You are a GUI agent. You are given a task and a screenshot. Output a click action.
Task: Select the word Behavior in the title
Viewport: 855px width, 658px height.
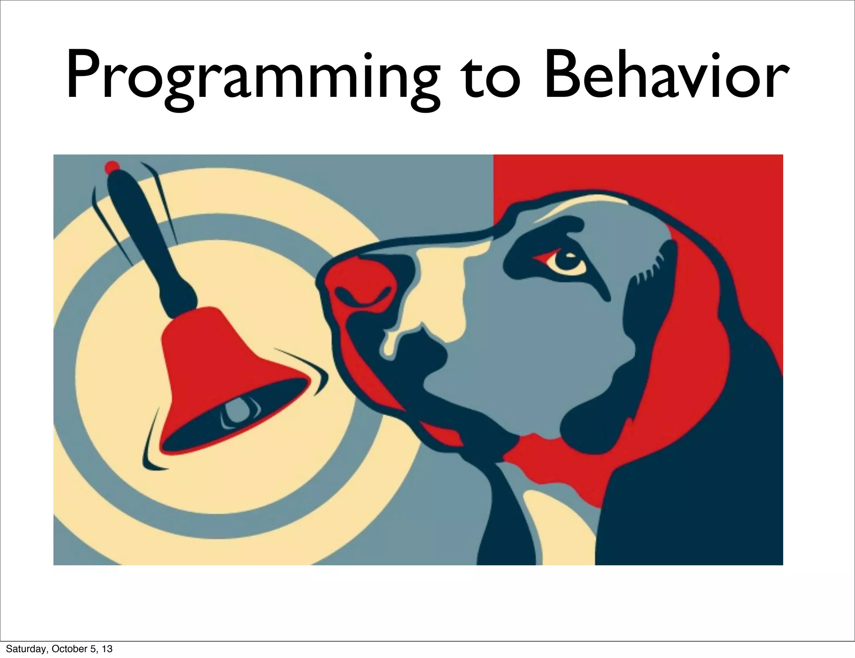664,77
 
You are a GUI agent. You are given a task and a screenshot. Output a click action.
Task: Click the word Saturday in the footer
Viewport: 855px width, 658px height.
23,649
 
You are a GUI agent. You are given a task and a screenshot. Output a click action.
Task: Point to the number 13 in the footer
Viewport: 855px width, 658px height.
107,649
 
